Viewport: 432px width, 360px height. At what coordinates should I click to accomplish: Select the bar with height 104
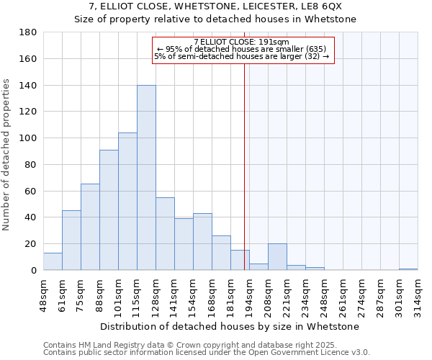[127, 202]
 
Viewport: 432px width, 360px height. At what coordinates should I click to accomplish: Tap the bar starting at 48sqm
[53, 262]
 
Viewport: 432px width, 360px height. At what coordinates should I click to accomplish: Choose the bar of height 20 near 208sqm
[277, 257]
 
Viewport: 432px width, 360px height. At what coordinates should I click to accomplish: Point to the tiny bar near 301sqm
[408, 269]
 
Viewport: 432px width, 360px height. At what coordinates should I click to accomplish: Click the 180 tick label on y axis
[28, 32]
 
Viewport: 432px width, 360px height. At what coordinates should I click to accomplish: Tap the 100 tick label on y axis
[28, 138]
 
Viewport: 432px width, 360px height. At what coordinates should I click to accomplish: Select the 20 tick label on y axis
[31, 244]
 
